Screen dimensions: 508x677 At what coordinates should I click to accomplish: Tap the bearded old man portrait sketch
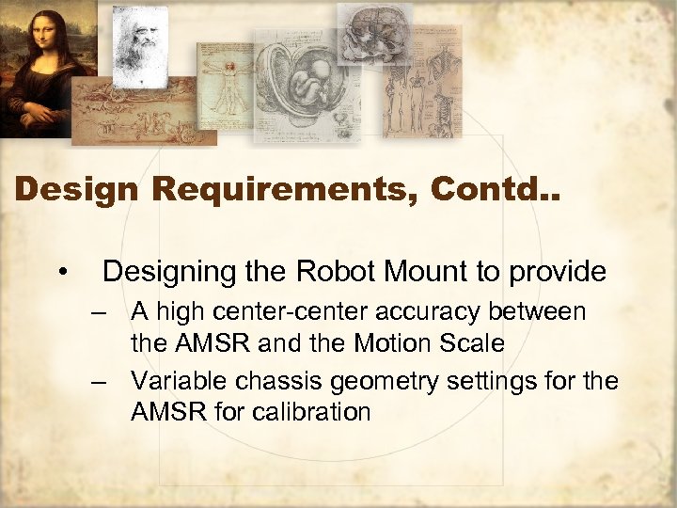click(x=139, y=42)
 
